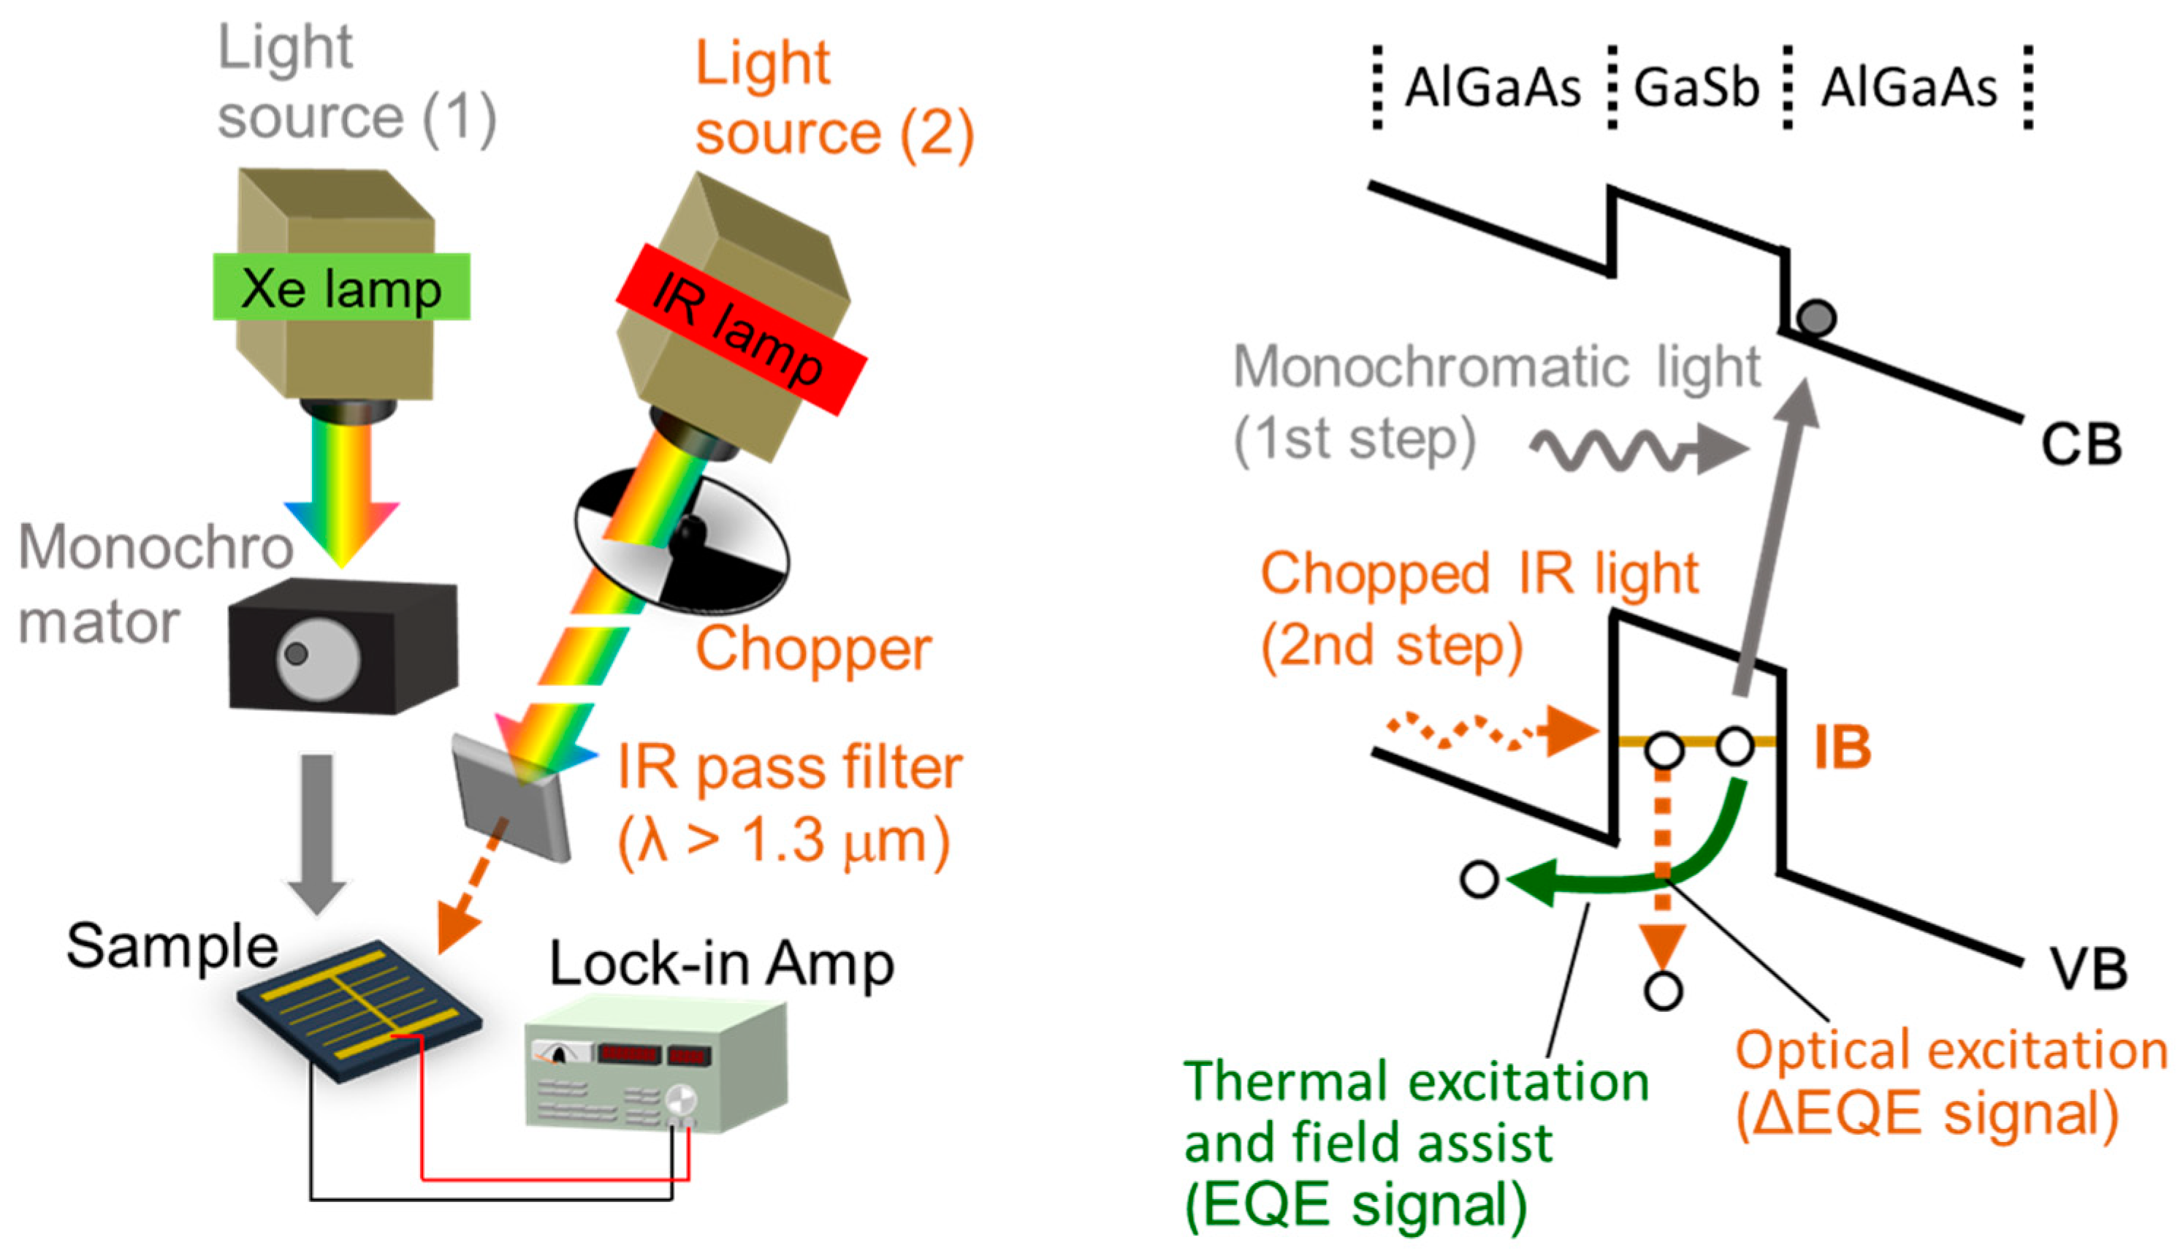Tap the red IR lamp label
tap(740, 329)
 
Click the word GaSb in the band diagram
tap(1696, 88)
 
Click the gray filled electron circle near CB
tap(1816, 317)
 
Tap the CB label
tap(2081, 446)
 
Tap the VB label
tap(2087, 968)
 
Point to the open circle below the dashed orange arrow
tap(1663, 990)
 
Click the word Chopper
tap(813, 649)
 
